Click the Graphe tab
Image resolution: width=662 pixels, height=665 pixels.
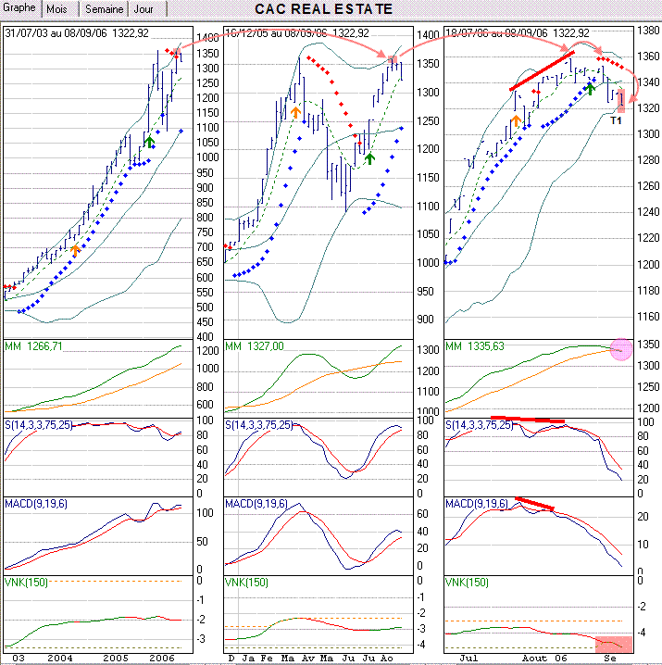tap(19, 8)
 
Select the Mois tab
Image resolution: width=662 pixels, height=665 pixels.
tap(57, 9)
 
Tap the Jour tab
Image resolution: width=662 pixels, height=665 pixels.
tap(144, 9)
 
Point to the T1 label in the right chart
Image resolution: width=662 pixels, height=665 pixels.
tap(617, 119)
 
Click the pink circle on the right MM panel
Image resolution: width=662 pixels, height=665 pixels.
tap(620, 349)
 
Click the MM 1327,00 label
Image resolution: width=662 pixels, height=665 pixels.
tap(255, 346)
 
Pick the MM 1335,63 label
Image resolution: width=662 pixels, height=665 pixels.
tap(476, 346)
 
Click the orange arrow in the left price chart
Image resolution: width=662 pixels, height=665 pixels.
tap(76, 248)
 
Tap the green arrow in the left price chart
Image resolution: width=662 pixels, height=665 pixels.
tap(149, 141)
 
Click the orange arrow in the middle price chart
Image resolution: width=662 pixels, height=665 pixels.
tap(295, 112)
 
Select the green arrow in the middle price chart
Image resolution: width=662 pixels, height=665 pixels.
tap(369, 157)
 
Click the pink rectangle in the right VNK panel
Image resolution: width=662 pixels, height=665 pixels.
tap(614, 644)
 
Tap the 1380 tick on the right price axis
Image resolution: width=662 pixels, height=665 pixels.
tap(647, 31)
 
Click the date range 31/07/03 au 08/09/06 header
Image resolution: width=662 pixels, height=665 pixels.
tap(78, 33)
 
